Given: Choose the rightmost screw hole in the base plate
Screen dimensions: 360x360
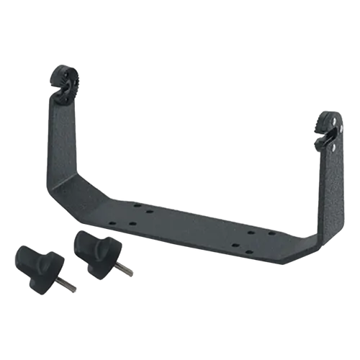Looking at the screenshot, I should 273,233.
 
